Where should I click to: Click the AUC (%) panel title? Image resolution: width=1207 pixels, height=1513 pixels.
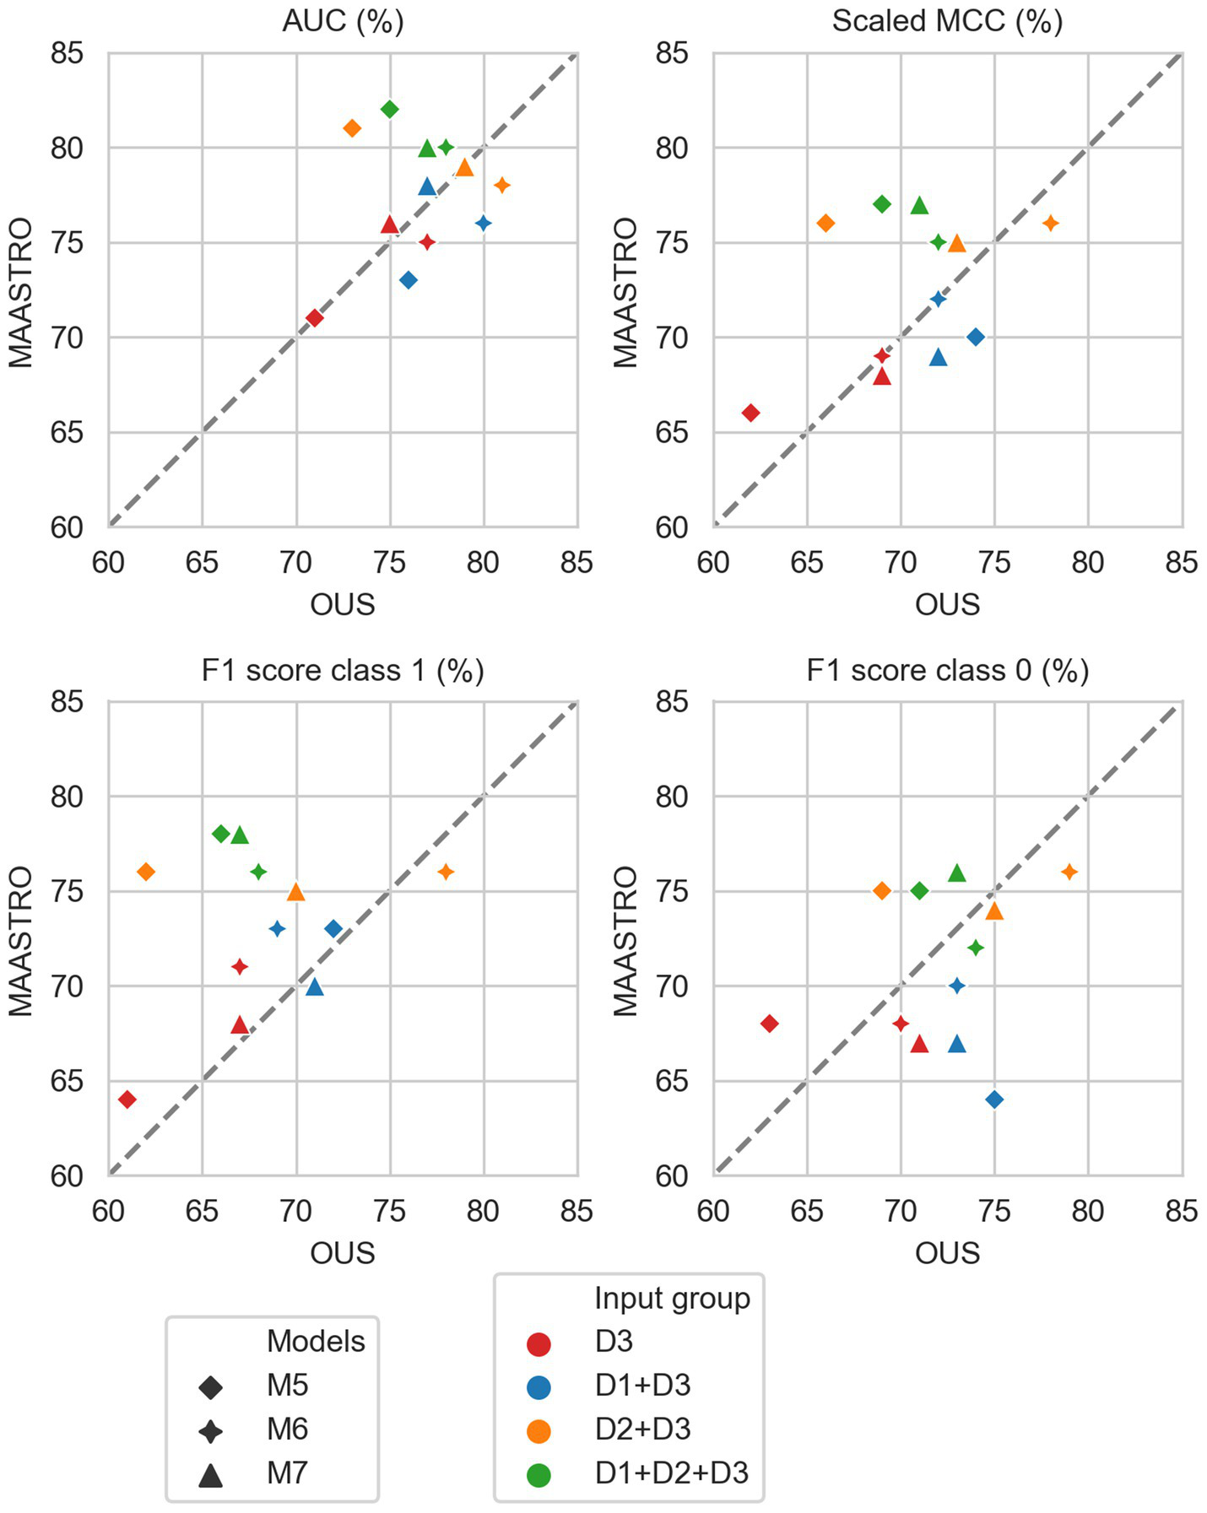[343, 20]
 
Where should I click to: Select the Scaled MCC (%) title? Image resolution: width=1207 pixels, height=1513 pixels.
[947, 20]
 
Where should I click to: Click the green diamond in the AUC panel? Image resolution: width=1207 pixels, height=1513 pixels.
[390, 110]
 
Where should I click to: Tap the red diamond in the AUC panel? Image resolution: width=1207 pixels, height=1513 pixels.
[315, 318]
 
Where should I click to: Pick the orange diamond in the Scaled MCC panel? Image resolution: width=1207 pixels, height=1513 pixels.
[825, 224]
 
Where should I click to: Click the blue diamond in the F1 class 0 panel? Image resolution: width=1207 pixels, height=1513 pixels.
[994, 1100]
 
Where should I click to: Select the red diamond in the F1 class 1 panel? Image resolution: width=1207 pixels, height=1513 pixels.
[127, 1100]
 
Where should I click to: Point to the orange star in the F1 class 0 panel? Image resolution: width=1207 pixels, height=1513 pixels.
[1069, 872]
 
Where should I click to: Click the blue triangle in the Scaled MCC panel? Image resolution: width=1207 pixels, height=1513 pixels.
[938, 358]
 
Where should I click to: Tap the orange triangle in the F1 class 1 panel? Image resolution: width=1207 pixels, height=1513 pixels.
[295, 892]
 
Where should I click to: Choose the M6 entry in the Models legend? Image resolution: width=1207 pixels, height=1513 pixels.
[288, 1429]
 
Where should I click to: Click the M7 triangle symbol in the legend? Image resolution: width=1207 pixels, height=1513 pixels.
[210, 1475]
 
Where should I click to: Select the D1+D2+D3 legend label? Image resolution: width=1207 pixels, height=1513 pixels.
[672, 1472]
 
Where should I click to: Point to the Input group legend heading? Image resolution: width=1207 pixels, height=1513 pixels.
[672, 1298]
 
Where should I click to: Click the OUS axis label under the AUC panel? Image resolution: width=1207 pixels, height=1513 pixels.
[343, 604]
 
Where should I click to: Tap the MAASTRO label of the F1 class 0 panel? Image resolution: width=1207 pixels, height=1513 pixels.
[625, 941]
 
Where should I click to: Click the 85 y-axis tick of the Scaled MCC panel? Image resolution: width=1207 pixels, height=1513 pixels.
[672, 54]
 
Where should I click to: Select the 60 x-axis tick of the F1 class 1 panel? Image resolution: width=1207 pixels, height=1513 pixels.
[109, 1211]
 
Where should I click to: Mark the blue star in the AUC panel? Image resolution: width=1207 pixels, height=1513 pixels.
[484, 224]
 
